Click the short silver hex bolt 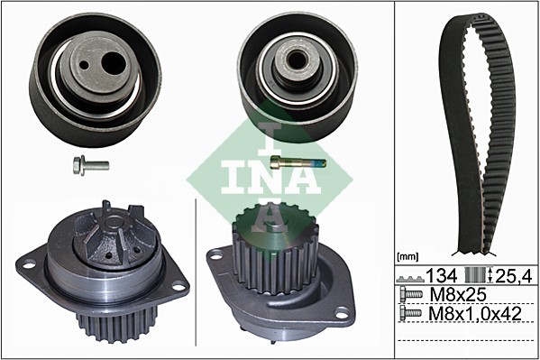(91, 165)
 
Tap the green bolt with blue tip (297, 162)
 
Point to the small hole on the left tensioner (84, 64)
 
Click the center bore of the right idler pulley (295, 60)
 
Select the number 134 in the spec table (442, 275)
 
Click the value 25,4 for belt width (514, 275)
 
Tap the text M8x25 (458, 294)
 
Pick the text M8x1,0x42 (475, 313)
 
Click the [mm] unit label (407, 256)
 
